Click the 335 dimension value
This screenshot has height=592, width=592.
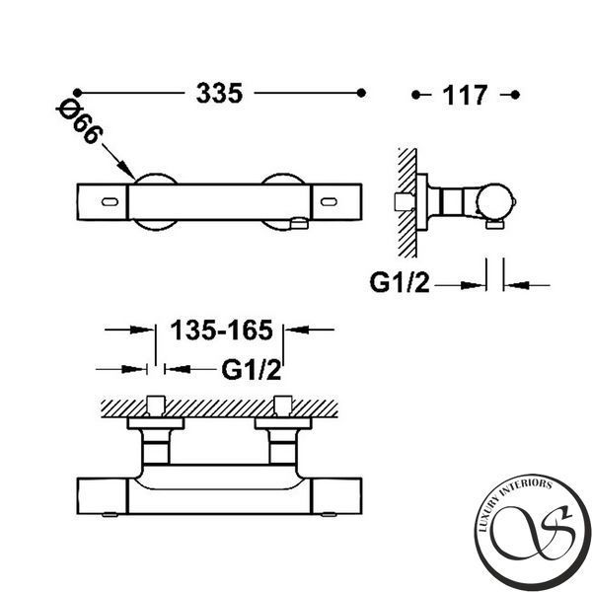click(219, 93)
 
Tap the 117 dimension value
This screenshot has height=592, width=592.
click(465, 95)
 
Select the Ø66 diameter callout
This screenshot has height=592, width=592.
click(80, 121)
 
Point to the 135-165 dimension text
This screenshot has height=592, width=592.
click(221, 330)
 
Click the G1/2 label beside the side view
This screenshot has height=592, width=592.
click(400, 283)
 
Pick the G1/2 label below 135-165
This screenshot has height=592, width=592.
click(252, 370)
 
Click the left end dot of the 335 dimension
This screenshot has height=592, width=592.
click(77, 93)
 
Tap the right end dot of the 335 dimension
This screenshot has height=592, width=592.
click(361, 93)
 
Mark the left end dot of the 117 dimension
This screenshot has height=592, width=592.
click(415, 95)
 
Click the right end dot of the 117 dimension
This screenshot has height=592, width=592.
click(515, 95)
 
